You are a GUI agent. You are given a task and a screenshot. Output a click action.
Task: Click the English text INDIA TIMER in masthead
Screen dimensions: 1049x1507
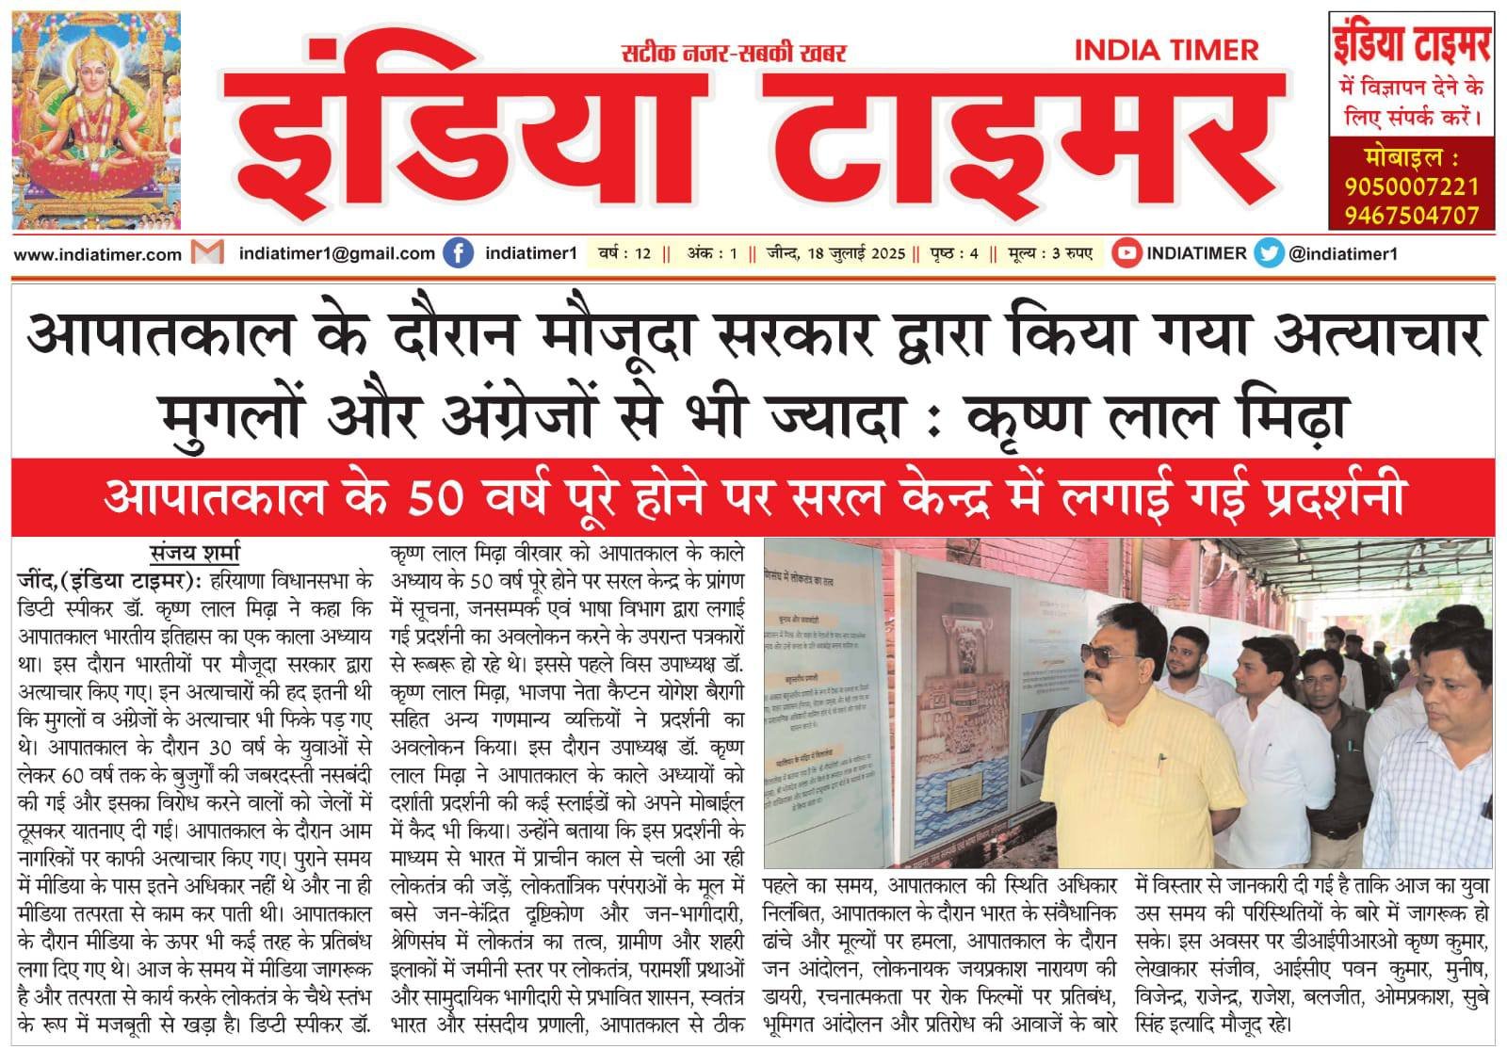click(x=1166, y=50)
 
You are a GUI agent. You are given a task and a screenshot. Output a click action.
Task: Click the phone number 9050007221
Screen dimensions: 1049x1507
click(x=1411, y=186)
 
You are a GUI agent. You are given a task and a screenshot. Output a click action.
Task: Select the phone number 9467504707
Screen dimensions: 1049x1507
click(x=1411, y=215)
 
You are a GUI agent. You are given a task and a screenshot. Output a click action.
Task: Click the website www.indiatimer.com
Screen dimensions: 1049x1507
click(x=98, y=254)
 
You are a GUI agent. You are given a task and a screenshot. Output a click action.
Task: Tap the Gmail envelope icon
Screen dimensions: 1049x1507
click(x=207, y=253)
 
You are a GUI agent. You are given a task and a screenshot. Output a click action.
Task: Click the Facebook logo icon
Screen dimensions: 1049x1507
click(x=458, y=253)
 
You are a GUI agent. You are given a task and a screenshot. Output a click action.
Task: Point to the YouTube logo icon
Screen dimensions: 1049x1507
click(x=1126, y=253)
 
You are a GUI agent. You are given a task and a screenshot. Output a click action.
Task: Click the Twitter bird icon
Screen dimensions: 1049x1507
click(x=1269, y=253)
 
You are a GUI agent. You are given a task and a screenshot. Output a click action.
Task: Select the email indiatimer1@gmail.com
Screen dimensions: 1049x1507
click(x=336, y=253)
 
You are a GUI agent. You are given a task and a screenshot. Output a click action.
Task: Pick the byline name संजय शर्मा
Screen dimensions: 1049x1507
click(x=195, y=552)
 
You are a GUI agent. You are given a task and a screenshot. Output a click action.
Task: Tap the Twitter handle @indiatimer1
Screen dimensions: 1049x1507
click(x=1343, y=253)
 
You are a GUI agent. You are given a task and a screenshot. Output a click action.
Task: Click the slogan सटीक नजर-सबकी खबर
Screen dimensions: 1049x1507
click(x=734, y=53)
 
